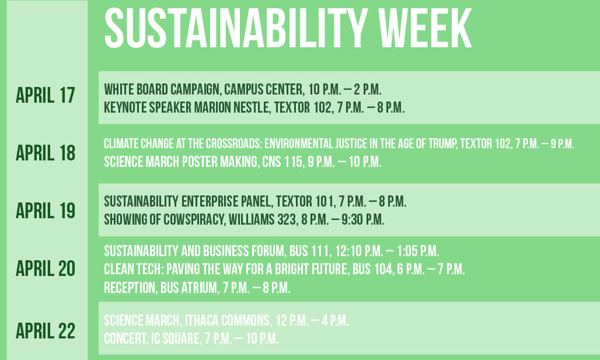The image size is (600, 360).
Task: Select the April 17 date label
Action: [46, 96]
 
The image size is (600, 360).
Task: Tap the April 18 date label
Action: [46, 153]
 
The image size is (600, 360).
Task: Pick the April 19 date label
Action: [46, 211]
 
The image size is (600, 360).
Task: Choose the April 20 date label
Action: [46, 268]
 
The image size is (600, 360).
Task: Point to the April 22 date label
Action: [46, 331]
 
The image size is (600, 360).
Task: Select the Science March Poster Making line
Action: [242, 162]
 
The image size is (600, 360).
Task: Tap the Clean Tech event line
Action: [284, 270]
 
